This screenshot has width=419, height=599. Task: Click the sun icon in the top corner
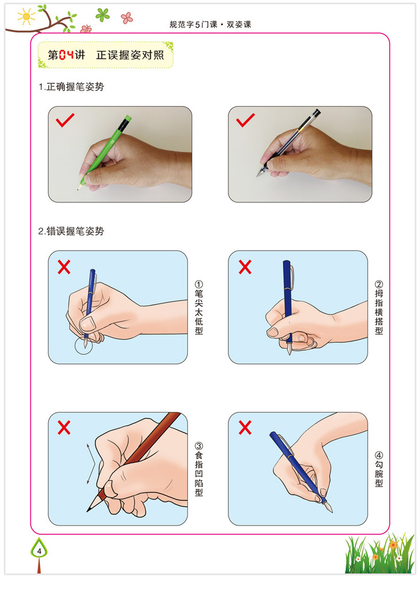pos(26,17)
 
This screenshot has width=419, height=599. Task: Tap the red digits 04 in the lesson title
pos(67,55)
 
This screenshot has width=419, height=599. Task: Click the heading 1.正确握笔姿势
pos(71,87)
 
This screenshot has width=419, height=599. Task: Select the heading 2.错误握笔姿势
pos(71,231)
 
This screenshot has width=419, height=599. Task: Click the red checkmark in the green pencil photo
pos(65,120)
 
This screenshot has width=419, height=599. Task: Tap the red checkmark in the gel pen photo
pos(245,120)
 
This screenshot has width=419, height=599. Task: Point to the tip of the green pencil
pos(78,189)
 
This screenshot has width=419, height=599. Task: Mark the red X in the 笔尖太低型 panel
pos(64,267)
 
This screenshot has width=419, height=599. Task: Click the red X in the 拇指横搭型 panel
pos(245,267)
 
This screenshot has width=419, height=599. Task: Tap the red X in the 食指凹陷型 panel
pos(64,428)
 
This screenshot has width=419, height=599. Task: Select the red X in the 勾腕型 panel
pos(245,428)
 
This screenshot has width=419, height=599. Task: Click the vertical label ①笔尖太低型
pos(199,308)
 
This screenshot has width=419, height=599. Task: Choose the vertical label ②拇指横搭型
pos(379,308)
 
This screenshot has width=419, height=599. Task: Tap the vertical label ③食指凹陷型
pos(199,469)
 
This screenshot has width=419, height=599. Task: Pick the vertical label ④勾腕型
pos(379,469)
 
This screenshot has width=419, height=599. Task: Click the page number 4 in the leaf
pos(39,551)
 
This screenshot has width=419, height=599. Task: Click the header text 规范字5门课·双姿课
pos(210,25)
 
